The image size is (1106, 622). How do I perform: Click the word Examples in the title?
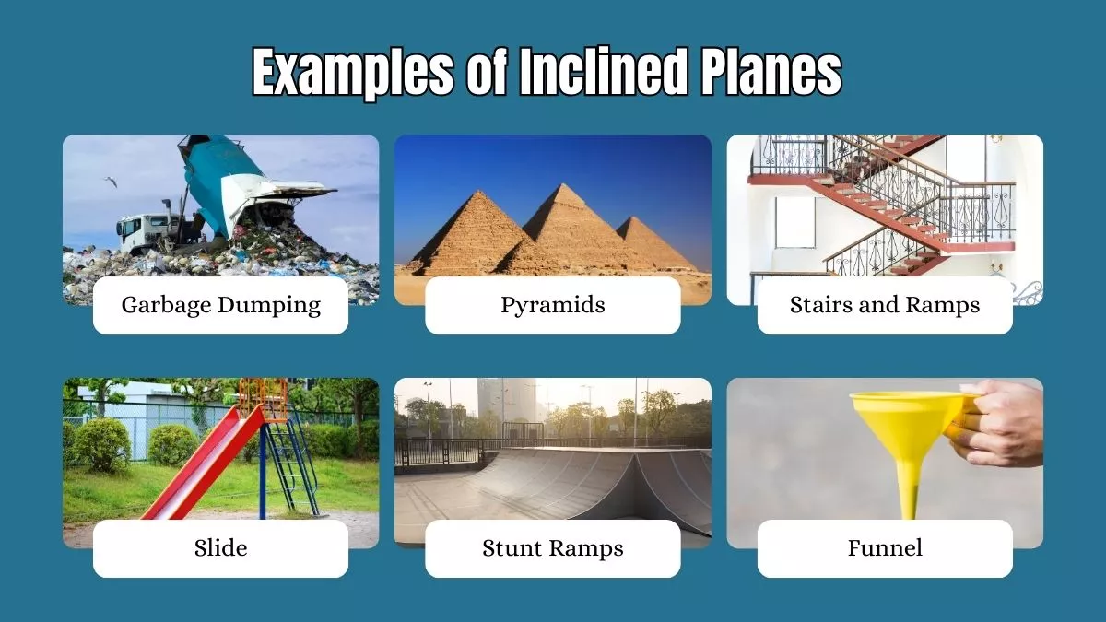351,74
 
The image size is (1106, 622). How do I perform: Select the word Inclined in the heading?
601,74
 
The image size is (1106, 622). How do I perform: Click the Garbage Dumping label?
220,305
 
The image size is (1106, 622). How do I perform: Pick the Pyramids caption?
552,305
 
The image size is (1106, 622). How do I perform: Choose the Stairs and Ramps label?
885,305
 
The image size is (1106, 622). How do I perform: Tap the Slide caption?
220,548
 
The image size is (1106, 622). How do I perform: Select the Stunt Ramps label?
552,548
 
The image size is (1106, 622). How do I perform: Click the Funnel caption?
885,548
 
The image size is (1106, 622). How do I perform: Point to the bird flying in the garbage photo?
111,182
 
